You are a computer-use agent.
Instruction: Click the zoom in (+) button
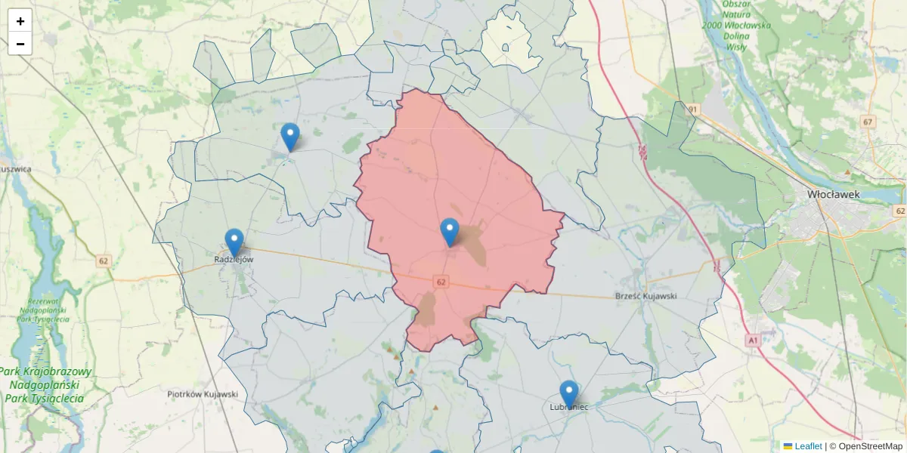(20, 21)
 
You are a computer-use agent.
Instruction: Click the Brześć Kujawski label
(646, 296)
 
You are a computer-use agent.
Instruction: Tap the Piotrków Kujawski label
(203, 394)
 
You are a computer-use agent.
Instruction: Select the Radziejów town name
(234, 259)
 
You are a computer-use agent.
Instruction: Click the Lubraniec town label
(569, 407)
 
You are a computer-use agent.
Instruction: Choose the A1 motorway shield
(752, 341)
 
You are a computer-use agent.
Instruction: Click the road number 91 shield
(692, 110)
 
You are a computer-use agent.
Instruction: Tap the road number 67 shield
(868, 122)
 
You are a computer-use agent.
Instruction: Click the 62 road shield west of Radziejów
(104, 261)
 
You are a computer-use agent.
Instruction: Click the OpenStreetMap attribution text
(870, 446)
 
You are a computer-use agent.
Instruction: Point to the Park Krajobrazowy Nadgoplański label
(45, 384)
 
